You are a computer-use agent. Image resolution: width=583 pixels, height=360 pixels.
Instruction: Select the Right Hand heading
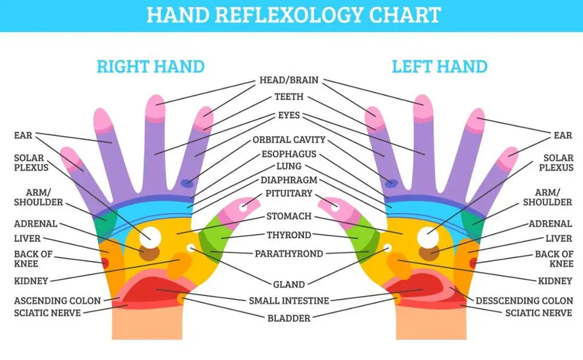pyautogui.click(x=150, y=66)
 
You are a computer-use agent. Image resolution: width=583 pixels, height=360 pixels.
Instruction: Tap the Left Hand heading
pyautogui.click(x=439, y=66)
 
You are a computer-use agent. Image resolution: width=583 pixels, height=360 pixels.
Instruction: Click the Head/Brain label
pyautogui.click(x=289, y=80)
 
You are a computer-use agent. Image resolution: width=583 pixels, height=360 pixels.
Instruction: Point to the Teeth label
pyautogui.click(x=289, y=97)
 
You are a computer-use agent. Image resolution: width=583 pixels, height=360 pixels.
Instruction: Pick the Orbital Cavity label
pyautogui.click(x=289, y=140)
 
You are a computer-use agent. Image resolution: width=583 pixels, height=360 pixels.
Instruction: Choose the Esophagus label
pyautogui.click(x=289, y=154)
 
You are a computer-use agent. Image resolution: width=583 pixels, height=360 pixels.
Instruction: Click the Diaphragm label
pyautogui.click(x=289, y=180)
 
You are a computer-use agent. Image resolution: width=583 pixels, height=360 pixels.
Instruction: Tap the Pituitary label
pyautogui.click(x=289, y=193)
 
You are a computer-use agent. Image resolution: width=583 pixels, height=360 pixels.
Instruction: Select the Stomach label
pyautogui.click(x=289, y=216)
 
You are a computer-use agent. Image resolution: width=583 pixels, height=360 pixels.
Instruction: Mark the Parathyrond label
pyautogui.click(x=289, y=254)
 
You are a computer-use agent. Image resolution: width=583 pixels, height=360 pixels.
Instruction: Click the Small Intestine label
pyautogui.click(x=289, y=301)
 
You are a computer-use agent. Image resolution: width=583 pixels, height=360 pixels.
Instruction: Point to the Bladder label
pyautogui.click(x=289, y=318)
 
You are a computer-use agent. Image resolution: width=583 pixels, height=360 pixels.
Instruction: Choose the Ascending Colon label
pyautogui.click(x=58, y=301)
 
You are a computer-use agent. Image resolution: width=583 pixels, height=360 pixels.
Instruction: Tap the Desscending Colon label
pyautogui.click(x=524, y=301)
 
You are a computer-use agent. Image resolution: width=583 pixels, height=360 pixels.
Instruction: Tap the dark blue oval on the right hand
pyautogui.click(x=187, y=183)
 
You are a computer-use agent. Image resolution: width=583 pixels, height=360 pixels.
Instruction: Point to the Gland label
pyautogui.click(x=289, y=284)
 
